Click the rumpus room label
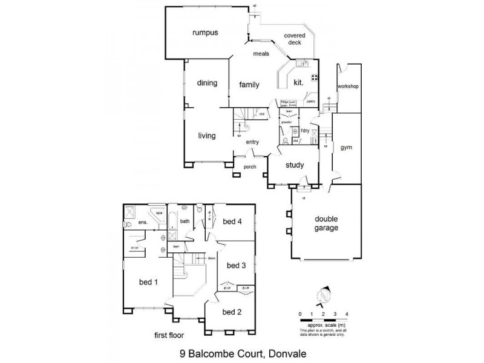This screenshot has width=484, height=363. point(204,33)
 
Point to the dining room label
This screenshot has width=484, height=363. point(207,84)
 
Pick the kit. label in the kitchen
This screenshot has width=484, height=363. point(298,82)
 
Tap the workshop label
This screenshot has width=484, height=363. point(348,87)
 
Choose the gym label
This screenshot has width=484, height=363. point(345,148)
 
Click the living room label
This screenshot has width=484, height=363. point(207,136)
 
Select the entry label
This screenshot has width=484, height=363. point(252,142)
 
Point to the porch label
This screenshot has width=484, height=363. point(249,167)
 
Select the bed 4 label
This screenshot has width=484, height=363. point(232,222)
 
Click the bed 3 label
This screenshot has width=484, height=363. point(235,266)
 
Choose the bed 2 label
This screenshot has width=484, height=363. point(232,312)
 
